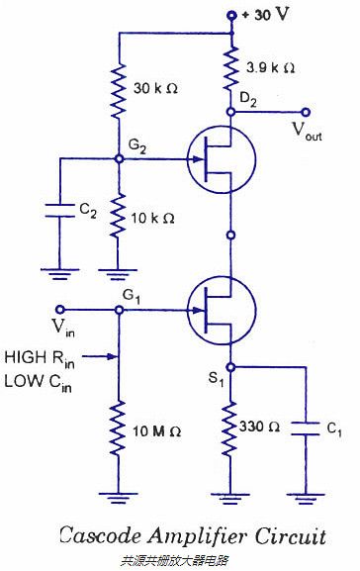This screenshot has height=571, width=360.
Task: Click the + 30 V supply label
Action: point(269,15)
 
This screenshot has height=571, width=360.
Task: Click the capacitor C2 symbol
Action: point(59,211)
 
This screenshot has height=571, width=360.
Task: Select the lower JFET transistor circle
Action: point(221,310)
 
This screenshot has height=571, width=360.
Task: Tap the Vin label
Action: point(62,327)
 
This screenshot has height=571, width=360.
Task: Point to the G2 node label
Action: point(136,145)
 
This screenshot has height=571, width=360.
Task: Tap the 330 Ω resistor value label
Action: point(262,427)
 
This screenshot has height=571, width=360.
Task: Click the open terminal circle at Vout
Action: point(306,113)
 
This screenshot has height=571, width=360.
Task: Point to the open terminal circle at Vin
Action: point(59,309)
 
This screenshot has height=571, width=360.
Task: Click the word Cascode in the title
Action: point(100,536)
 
